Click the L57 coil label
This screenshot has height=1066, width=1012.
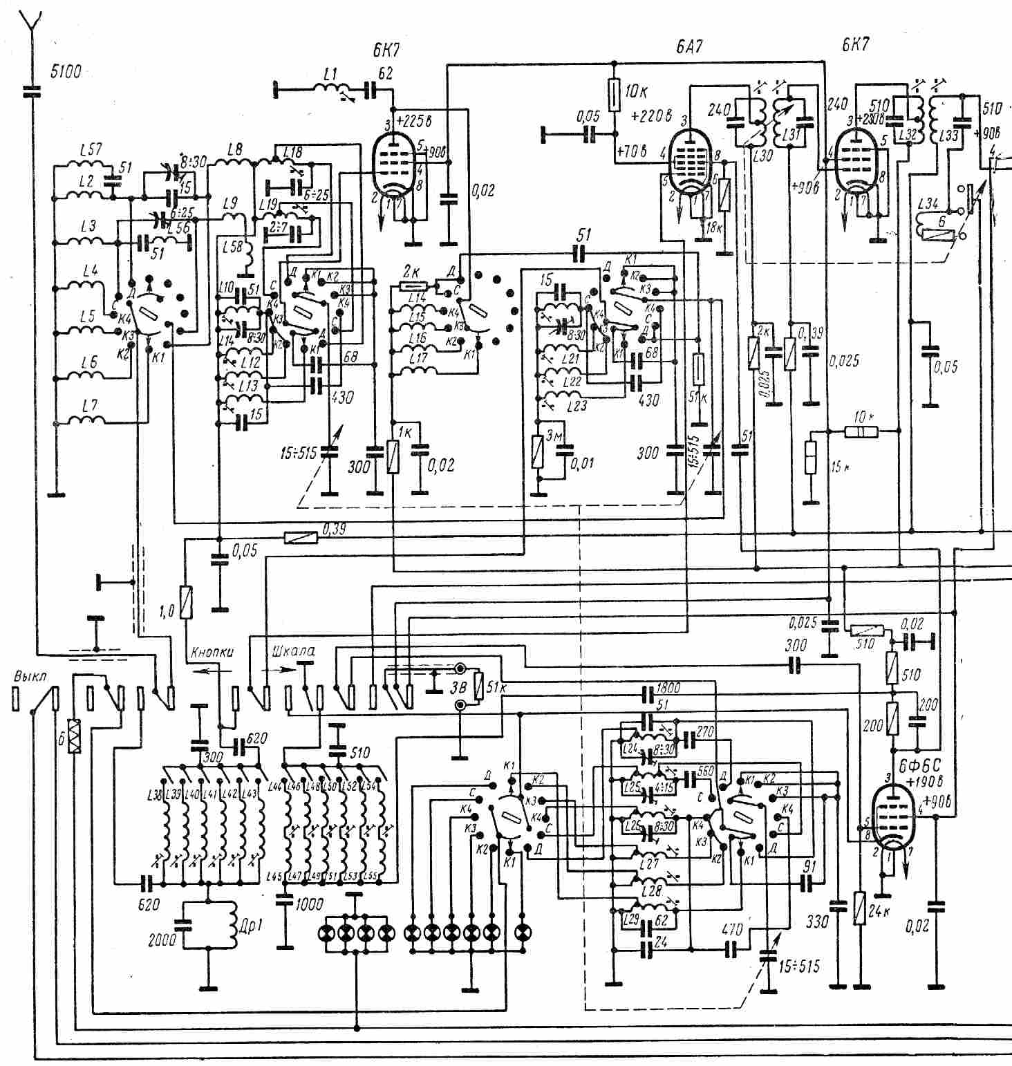pyautogui.click(x=90, y=150)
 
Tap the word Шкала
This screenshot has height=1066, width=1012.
pyautogui.click(x=294, y=651)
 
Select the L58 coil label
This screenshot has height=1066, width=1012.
pyautogui.click(x=233, y=247)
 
